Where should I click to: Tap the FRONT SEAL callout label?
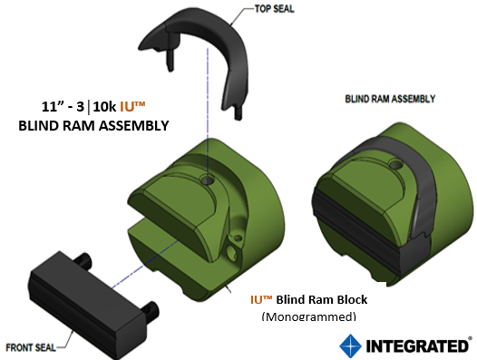tap(34, 346)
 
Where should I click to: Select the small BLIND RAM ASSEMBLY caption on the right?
tap(391, 98)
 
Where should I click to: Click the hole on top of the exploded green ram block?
tap(208, 180)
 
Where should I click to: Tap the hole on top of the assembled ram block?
tap(394, 167)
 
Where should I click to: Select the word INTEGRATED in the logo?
tap(417, 346)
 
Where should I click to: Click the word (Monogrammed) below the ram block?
tap(308, 316)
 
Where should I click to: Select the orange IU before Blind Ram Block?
tap(260, 298)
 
